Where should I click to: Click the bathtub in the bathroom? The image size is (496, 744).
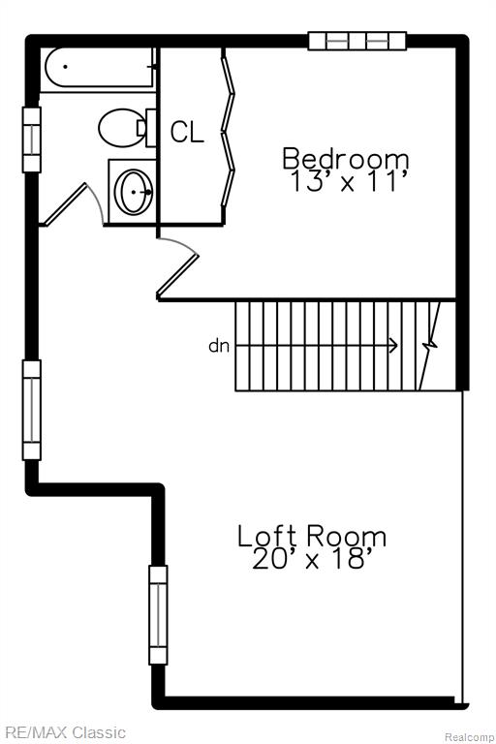[x=99, y=67]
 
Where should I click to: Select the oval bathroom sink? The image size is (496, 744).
[x=134, y=192]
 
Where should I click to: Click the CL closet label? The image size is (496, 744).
[x=188, y=132]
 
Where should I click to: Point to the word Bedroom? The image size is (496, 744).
[x=346, y=159]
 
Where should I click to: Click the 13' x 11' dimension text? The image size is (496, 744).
[x=349, y=181]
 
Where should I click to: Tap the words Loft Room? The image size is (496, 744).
[x=312, y=536]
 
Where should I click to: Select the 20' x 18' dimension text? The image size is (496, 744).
[x=311, y=558]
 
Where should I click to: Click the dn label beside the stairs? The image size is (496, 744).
[x=219, y=346]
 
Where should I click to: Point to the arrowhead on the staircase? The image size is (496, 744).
[x=393, y=346]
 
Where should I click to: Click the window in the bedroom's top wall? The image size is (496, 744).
[x=357, y=41]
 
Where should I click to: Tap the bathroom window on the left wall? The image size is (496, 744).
[x=32, y=139]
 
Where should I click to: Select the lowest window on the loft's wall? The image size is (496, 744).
[x=158, y=614]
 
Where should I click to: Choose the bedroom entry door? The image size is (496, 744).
[x=177, y=267]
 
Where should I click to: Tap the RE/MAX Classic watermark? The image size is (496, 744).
[x=63, y=732]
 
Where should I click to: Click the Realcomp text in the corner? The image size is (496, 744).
[x=470, y=737]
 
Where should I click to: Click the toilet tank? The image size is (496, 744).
[x=151, y=128]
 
